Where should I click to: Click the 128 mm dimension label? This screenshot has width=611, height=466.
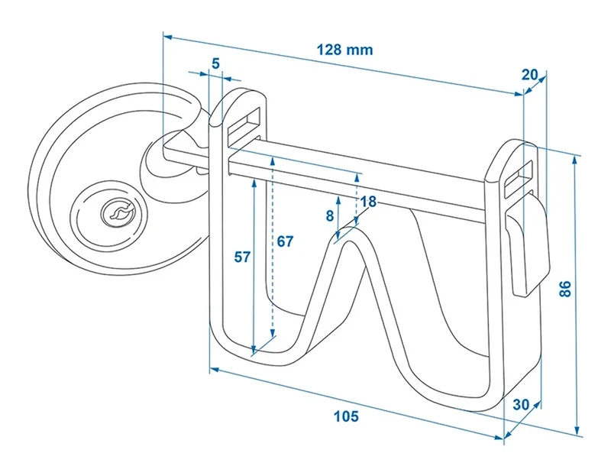[344, 50]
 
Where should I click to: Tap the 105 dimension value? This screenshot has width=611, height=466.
[346, 416]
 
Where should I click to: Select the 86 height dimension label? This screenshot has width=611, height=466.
[564, 289]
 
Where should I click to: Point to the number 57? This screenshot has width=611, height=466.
[241, 257]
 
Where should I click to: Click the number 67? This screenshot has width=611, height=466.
[285, 241]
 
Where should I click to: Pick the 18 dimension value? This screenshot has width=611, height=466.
[368, 202]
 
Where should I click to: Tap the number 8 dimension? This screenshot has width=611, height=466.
[330, 215]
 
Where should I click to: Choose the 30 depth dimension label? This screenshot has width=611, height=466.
[521, 405]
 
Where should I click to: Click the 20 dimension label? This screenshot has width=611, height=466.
[529, 74]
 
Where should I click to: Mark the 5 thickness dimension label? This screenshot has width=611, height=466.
[216, 63]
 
